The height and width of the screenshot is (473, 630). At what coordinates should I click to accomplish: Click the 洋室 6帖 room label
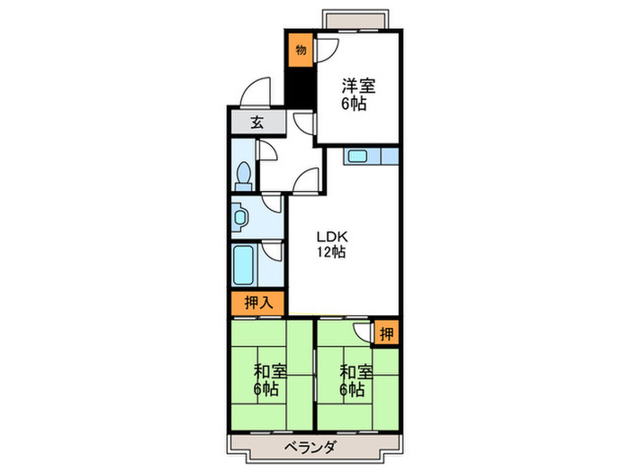(358, 95)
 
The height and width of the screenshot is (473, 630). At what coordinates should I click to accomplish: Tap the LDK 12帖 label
(331, 245)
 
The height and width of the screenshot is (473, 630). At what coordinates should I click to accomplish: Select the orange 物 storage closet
(300, 50)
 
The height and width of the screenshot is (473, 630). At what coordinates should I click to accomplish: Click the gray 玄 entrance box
(256, 124)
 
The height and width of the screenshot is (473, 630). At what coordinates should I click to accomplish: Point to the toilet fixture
(243, 175)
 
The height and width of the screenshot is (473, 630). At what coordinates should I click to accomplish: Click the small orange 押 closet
(386, 332)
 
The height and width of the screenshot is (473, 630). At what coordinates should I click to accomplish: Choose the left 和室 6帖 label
(270, 381)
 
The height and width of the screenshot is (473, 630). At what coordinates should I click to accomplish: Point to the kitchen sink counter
(369, 157)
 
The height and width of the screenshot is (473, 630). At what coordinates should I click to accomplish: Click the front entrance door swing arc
(257, 94)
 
